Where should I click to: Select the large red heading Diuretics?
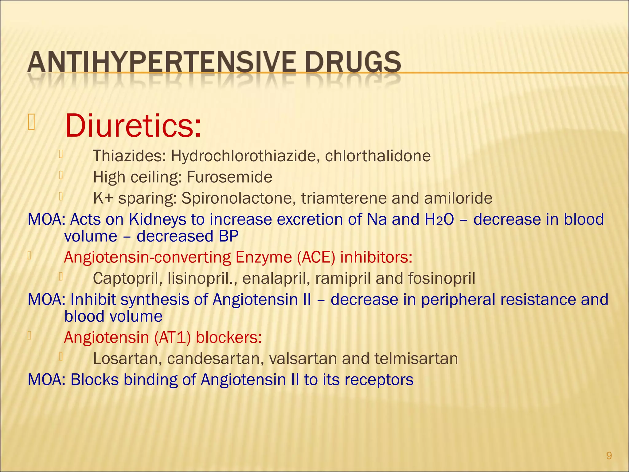(x=133, y=126)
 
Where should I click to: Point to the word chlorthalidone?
(x=378, y=156)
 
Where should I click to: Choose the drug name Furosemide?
(x=229, y=177)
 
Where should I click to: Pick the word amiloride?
(x=458, y=198)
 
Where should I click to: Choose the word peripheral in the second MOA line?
(x=458, y=300)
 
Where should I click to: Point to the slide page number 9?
(x=609, y=455)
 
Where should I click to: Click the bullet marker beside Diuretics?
(x=31, y=122)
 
